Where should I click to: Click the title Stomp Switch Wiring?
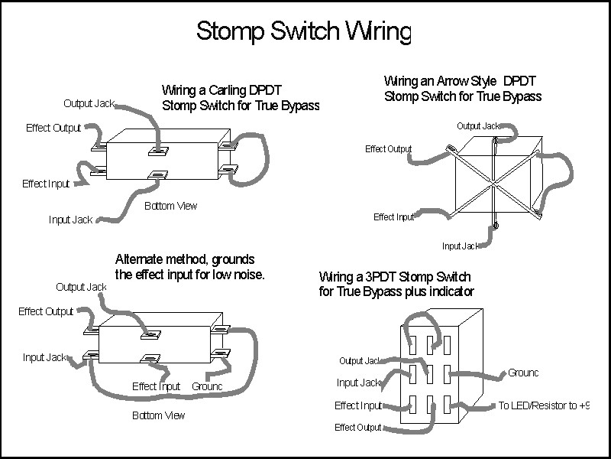(x=304, y=31)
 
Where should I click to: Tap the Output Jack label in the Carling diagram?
(x=89, y=103)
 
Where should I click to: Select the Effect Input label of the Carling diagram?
(x=46, y=184)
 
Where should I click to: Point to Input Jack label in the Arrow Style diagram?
(x=460, y=246)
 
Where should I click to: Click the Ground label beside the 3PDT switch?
(x=523, y=373)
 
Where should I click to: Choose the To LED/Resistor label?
(x=544, y=405)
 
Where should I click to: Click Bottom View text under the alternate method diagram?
(x=159, y=415)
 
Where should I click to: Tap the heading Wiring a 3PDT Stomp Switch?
(x=395, y=277)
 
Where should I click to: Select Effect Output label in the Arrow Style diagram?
(x=389, y=149)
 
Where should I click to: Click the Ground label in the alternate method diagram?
(x=207, y=386)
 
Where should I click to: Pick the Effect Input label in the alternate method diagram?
(x=156, y=386)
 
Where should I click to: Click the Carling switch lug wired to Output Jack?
(x=158, y=151)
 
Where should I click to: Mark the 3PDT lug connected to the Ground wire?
(x=447, y=375)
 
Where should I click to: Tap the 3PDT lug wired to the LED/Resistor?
(x=447, y=405)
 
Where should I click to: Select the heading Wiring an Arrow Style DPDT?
(x=460, y=81)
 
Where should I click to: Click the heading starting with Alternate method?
(x=185, y=259)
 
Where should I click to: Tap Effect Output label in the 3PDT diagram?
(x=357, y=428)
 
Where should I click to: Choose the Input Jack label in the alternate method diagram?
(x=44, y=357)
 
